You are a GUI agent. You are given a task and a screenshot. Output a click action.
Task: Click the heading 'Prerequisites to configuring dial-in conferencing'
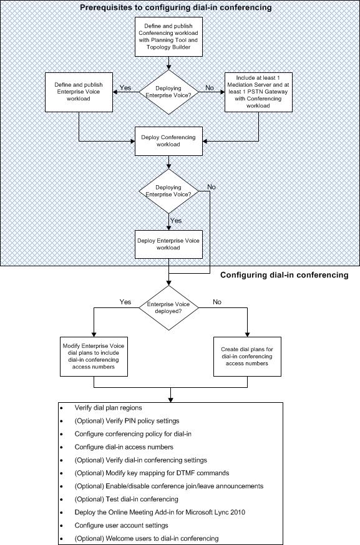point(175,7)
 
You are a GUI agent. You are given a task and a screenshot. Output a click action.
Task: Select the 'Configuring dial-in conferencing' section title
point(285,274)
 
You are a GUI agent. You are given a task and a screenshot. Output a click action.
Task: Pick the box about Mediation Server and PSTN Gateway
point(259,92)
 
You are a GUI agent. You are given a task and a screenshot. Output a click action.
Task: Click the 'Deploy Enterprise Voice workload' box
point(168,243)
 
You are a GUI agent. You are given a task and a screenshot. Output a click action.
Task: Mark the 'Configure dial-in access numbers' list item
point(124,446)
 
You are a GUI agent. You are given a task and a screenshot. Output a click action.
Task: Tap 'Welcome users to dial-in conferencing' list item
point(147,538)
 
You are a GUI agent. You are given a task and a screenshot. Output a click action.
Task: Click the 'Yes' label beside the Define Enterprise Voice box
point(124,88)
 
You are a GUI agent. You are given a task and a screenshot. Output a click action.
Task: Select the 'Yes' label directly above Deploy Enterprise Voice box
point(177,221)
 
